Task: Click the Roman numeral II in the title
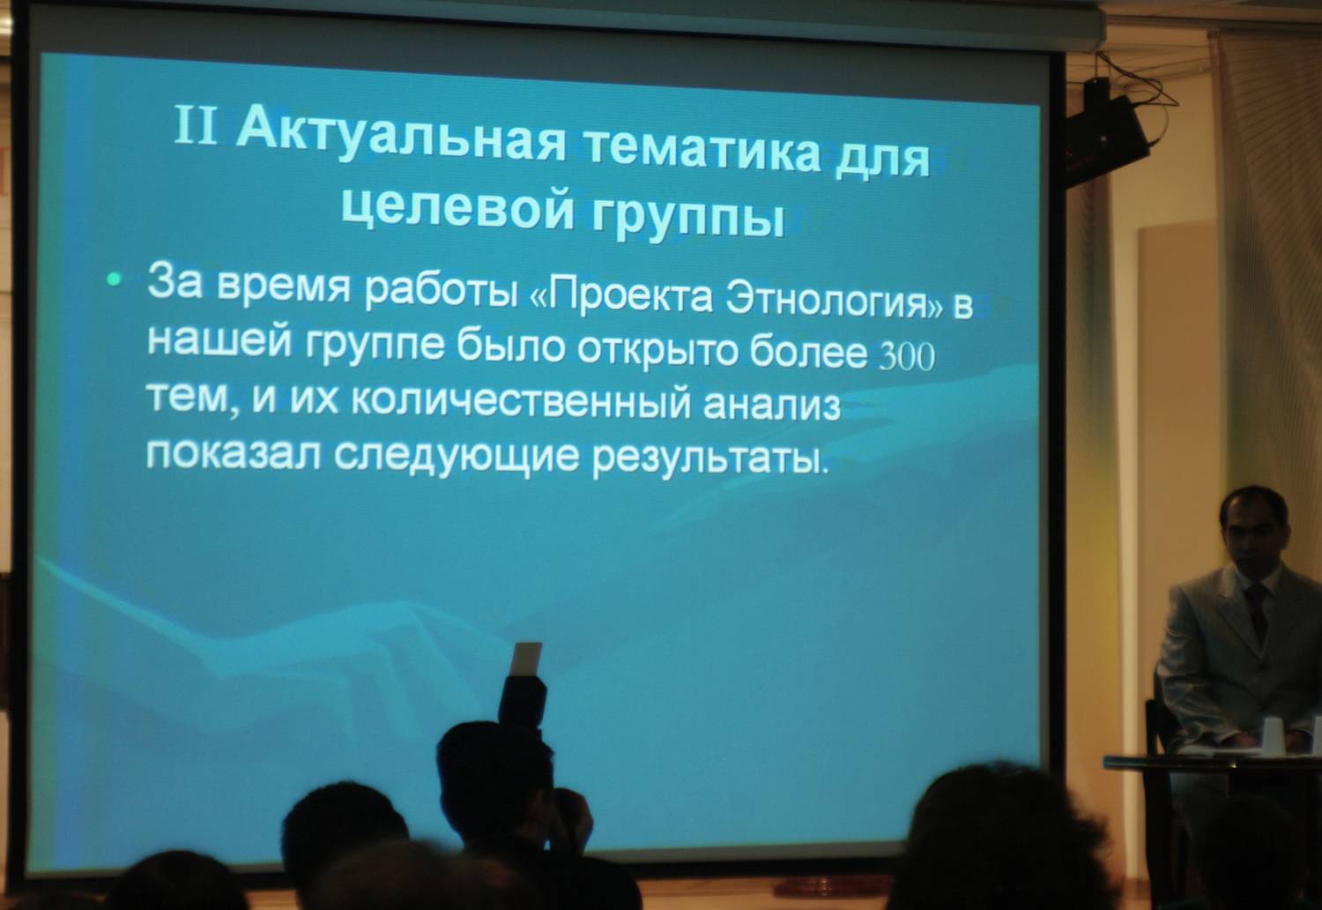point(196,125)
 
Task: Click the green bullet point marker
point(114,279)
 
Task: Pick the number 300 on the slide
point(907,356)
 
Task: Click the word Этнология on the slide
point(827,299)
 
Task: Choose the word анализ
point(771,405)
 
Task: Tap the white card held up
point(525,659)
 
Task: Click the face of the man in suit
point(1252,535)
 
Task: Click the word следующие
point(457,456)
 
